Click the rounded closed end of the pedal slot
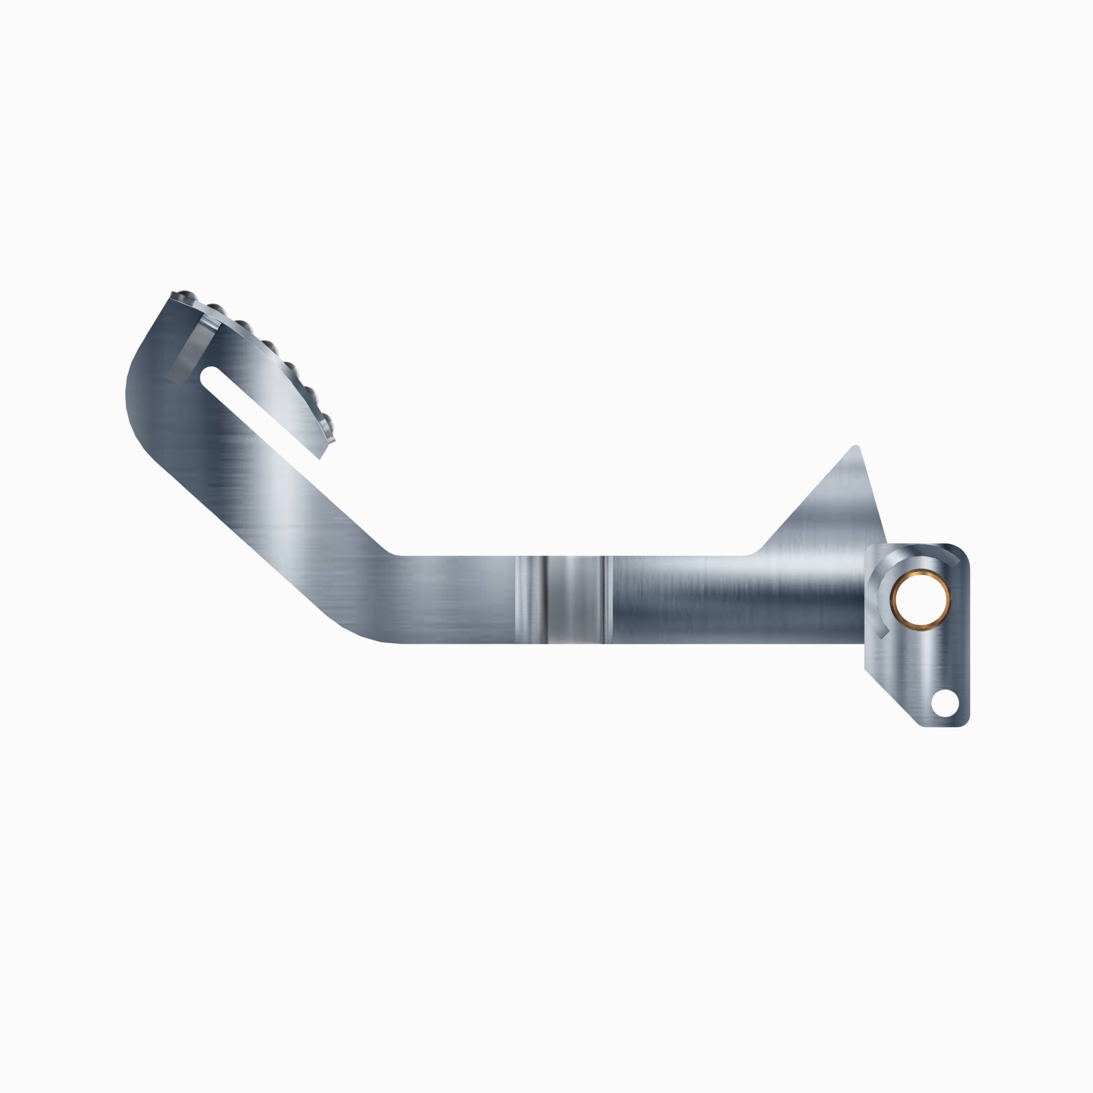pyautogui.click(x=208, y=376)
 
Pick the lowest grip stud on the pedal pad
pyautogui.click(x=327, y=420)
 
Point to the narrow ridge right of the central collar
pyautogui.click(x=604, y=600)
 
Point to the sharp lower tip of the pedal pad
pyautogui.click(x=321, y=457)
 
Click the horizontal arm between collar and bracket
pyautogui.click(x=735, y=600)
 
